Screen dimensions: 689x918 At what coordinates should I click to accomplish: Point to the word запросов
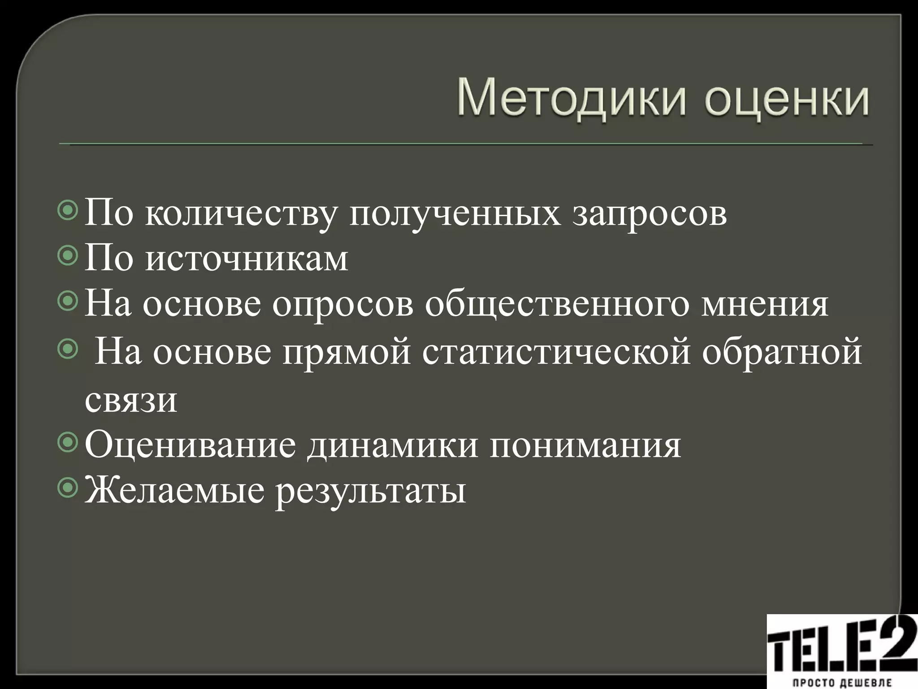click(x=650, y=214)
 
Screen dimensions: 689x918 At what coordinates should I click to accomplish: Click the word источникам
click(x=247, y=259)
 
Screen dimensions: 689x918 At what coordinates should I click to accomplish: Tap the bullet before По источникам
click(x=68, y=256)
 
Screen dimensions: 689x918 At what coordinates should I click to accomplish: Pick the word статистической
click(x=556, y=353)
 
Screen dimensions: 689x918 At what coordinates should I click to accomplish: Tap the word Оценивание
click(x=191, y=445)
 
